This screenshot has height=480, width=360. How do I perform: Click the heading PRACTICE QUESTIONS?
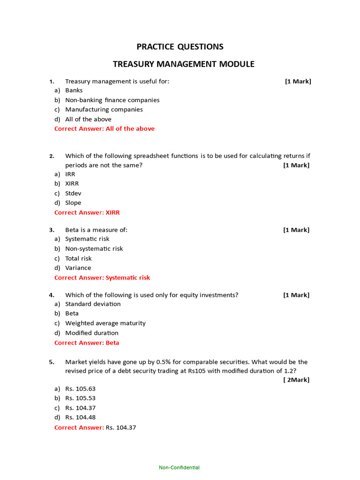(180, 47)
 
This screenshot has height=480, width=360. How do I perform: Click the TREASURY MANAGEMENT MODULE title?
(184, 64)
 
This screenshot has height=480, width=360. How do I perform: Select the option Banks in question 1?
(74, 90)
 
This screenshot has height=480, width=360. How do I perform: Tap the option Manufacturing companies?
(104, 110)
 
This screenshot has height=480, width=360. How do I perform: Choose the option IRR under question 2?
(70, 174)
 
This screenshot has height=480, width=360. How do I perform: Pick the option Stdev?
(73, 193)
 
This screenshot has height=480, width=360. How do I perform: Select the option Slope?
(73, 203)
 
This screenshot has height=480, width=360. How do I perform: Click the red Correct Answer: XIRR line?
(87, 213)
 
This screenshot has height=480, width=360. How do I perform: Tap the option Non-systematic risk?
(94, 249)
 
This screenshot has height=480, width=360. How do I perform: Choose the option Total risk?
(78, 259)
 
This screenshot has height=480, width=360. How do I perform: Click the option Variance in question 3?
(78, 268)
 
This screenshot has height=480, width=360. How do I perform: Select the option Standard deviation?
(93, 304)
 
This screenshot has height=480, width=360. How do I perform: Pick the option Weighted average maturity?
(105, 323)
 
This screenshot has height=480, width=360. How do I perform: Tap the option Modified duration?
(91, 333)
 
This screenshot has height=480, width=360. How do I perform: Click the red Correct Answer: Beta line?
(87, 343)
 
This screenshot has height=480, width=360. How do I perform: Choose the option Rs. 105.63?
(80, 389)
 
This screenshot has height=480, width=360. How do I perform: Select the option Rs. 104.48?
(80, 418)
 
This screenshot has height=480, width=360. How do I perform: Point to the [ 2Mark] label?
(296, 380)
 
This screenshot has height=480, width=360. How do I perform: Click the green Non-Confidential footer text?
(179, 467)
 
